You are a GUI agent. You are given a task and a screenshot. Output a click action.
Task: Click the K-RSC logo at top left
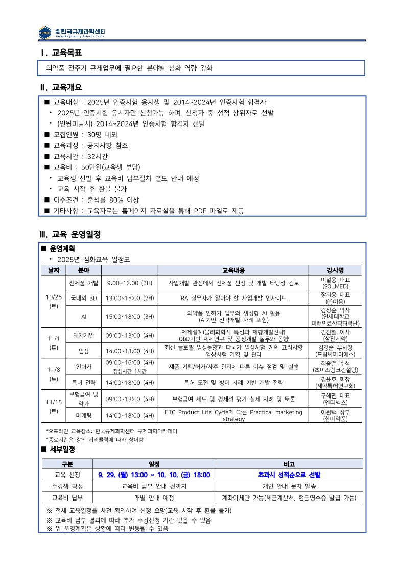click(x=45, y=32)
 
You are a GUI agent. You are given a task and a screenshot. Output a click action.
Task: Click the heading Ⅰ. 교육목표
click(x=61, y=53)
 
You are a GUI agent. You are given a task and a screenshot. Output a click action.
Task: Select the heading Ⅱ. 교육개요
click(x=61, y=88)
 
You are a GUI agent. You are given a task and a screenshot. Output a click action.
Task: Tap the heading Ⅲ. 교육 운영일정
click(x=70, y=235)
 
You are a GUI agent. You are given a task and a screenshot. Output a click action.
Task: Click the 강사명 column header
click(x=335, y=270)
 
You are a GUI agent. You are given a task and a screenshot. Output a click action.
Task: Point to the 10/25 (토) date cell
click(x=54, y=301)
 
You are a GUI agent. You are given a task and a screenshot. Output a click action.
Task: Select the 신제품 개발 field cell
click(x=84, y=283)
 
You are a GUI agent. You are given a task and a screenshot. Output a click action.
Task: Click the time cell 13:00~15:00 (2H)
click(x=129, y=297)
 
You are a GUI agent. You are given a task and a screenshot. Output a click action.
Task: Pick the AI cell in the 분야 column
click(x=84, y=316)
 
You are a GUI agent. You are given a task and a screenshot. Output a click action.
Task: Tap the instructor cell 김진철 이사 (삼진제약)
click(x=335, y=335)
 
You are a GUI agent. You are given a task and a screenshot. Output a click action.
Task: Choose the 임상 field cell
click(x=84, y=351)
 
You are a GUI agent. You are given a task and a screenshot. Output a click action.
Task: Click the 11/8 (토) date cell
click(x=54, y=374)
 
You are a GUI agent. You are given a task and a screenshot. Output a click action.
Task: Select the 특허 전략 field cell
click(x=84, y=382)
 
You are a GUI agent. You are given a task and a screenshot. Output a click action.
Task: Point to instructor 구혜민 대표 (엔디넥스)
click(x=335, y=399)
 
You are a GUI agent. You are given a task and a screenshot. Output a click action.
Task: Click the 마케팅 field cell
click(x=84, y=415)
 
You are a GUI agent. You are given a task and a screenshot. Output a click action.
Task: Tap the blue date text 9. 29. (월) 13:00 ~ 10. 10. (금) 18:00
click(x=154, y=475)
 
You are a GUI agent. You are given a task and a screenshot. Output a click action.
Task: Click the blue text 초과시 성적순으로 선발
click(x=289, y=475)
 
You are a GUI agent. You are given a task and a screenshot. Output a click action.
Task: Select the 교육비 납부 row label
click(x=67, y=497)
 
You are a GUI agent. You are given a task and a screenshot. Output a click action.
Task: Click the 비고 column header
click(x=289, y=464)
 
